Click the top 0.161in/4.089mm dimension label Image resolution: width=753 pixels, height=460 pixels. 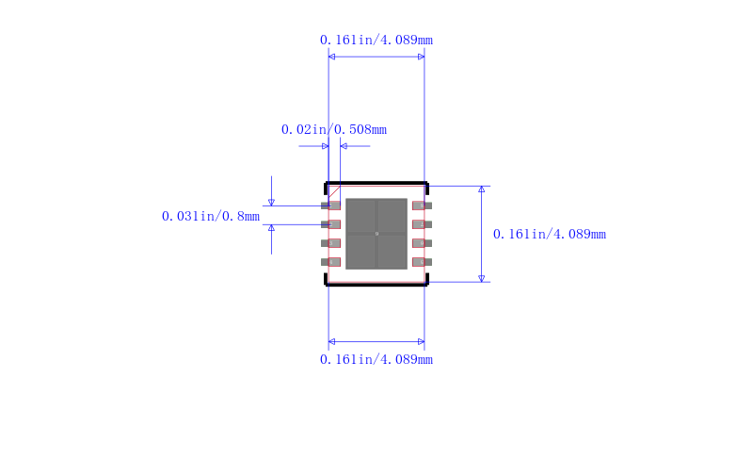(376, 41)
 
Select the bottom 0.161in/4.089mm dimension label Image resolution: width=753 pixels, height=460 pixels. (376, 359)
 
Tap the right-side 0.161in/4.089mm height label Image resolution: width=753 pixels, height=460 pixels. (550, 235)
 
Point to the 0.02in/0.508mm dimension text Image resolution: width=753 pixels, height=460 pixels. (334, 129)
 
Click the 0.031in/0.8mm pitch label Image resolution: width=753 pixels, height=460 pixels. (210, 216)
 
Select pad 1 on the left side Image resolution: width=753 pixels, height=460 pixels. (330, 205)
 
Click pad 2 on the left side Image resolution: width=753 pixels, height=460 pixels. (330, 224)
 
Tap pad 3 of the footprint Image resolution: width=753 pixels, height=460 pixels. (330, 243)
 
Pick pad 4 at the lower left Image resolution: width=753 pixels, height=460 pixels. (330, 262)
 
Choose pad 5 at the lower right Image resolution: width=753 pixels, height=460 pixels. (422, 262)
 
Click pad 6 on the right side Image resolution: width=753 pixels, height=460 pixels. (422, 243)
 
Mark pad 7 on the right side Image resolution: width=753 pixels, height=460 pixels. (422, 224)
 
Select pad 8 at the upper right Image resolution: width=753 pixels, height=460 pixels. (422, 205)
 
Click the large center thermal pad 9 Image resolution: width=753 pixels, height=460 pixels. (376, 234)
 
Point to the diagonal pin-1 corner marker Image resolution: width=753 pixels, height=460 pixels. (333, 190)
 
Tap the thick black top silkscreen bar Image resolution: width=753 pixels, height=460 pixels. (376, 183)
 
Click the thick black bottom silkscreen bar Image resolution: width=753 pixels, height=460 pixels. (376, 284)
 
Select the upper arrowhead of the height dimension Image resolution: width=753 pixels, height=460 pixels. (482, 189)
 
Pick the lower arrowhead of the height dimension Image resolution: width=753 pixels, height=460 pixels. (482, 278)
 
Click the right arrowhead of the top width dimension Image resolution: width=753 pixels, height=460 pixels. (421, 57)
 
